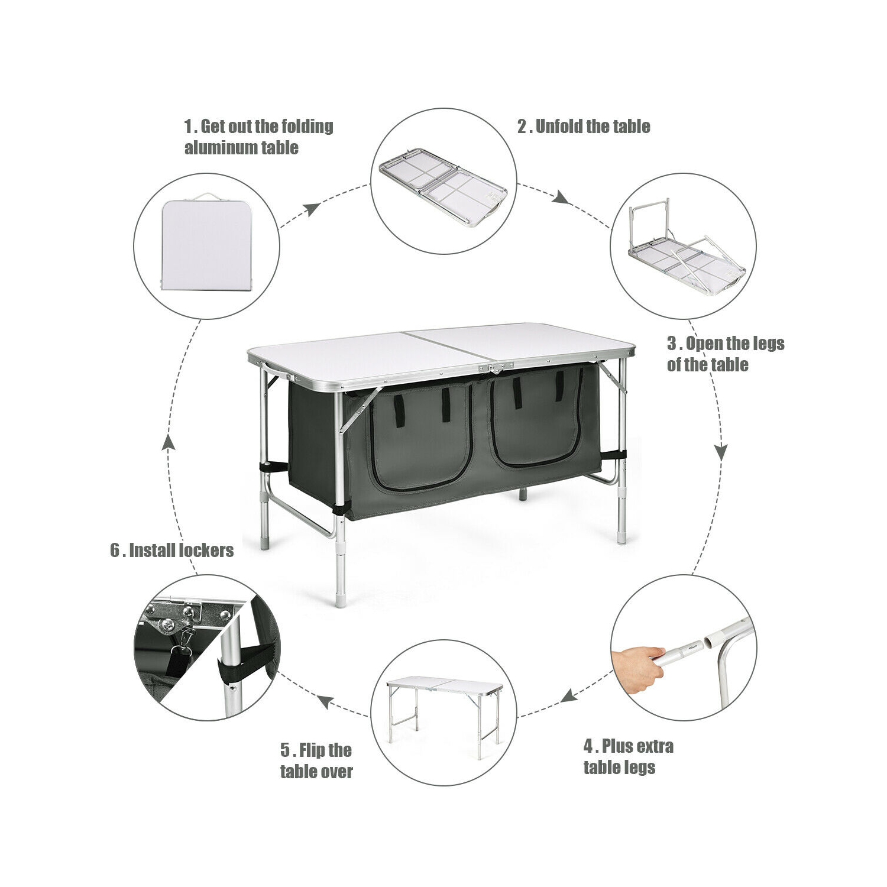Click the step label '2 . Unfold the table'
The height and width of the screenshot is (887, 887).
(584, 126)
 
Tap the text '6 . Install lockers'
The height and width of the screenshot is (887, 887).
(171, 551)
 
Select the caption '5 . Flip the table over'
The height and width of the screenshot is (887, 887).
(316, 761)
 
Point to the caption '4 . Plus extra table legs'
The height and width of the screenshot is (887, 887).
(628, 757)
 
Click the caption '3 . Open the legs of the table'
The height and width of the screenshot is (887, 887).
(726, 354)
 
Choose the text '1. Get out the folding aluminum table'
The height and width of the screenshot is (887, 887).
(258, 137)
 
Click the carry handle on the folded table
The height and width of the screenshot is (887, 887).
(206, 196)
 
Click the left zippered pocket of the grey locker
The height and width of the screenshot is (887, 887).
(421, 438)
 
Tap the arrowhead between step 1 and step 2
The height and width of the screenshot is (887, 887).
(313, 209)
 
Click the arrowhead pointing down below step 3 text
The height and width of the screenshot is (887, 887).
(721, 452)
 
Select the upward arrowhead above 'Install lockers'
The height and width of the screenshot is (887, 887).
(169, 443)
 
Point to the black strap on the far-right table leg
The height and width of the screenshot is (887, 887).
(615, 456)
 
